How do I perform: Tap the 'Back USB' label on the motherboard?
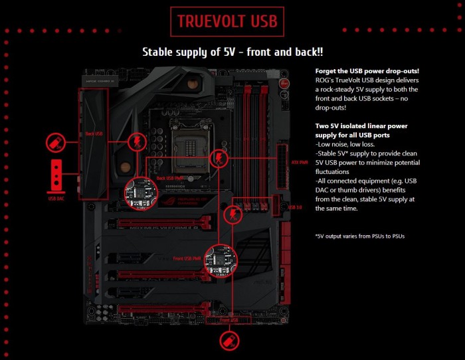click(95, 134)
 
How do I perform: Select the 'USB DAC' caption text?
click(56, 197)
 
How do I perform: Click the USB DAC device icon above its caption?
click(57, 174)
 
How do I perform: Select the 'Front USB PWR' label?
click(187, 258)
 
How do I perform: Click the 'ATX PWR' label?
click(300, 161)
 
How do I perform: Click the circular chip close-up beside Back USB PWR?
click(139, 191)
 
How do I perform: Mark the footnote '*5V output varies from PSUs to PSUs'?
click(359, 236)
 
